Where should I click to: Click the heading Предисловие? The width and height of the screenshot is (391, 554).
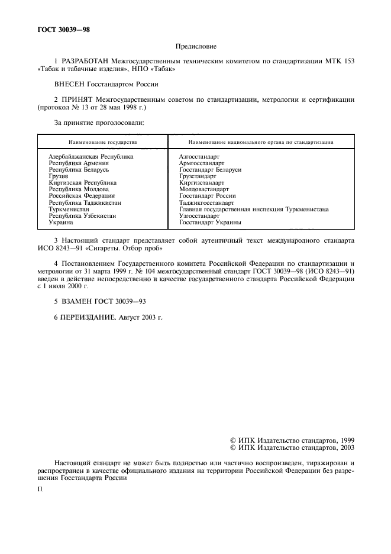196,46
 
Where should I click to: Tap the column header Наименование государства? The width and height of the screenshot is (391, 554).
102,143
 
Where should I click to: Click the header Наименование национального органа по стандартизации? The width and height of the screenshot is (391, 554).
260,143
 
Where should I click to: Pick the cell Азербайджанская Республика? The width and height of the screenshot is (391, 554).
91,156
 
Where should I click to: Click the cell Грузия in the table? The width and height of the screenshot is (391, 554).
59,176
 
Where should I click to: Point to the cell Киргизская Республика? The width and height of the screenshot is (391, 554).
82,183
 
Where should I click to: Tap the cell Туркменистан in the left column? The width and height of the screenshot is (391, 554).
70,209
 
